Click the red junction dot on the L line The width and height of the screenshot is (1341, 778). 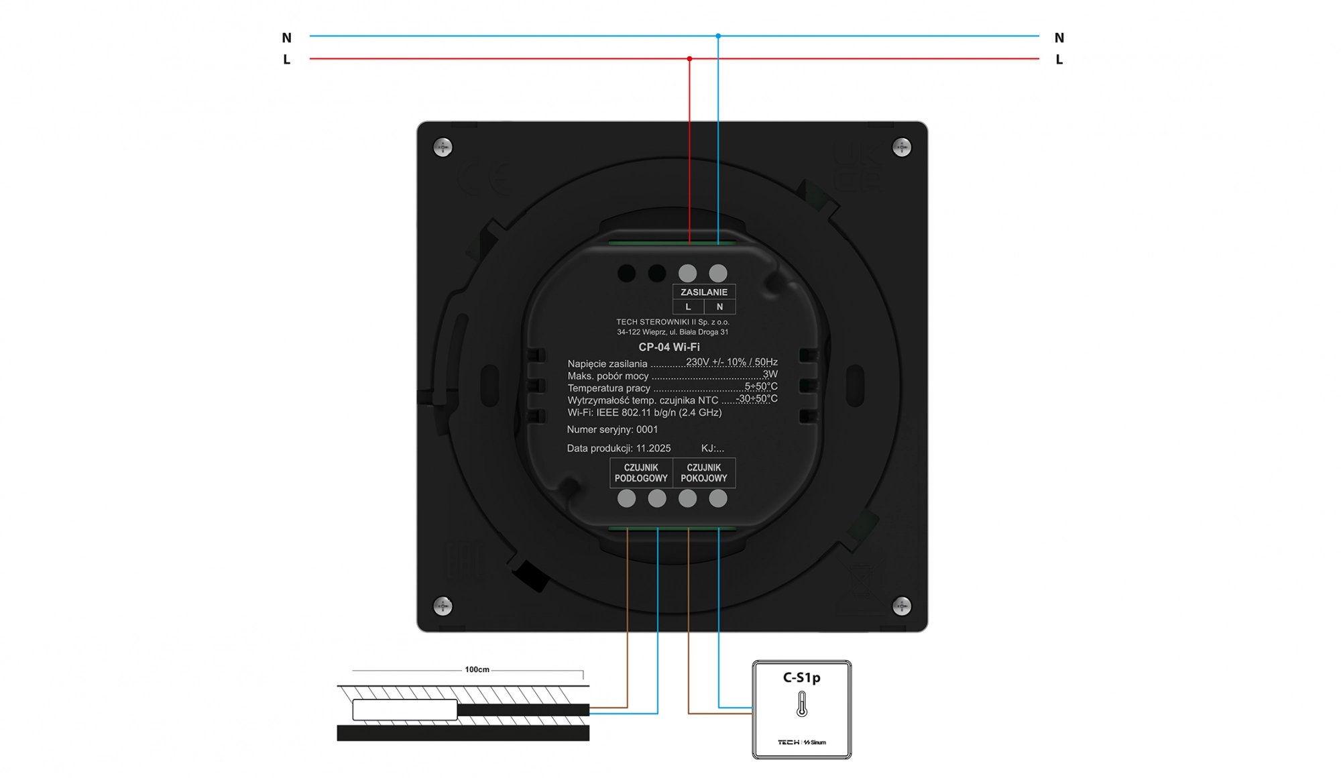(689, 59)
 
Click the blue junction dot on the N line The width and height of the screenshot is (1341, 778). (718, 36)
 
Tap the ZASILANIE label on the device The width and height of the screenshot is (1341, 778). (703, 292)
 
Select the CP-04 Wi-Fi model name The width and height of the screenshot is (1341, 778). (668, 347)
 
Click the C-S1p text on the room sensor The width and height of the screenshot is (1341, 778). (801, 677)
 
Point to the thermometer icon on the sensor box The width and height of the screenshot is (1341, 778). (801, 705)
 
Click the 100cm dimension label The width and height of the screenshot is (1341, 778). (477, 669)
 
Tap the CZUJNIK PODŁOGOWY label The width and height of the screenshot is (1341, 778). (641, 473)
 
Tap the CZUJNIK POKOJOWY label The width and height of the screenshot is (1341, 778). (703, 473)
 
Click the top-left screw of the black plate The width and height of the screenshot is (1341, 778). (443, 147)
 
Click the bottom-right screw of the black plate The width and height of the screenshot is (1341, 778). (902, 606)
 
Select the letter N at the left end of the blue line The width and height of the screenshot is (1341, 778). (287, 38)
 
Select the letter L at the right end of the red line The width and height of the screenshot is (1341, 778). (1059, 60)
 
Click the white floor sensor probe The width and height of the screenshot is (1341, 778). (404, 710)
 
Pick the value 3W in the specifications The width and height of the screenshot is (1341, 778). (770, 374)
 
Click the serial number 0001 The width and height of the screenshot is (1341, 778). (647, 429)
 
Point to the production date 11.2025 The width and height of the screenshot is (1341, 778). (653, 448)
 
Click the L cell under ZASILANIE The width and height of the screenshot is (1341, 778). (688, 307)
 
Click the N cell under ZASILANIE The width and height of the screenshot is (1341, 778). (719, 307)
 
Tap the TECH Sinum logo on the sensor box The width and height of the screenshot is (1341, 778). (801, 742)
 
